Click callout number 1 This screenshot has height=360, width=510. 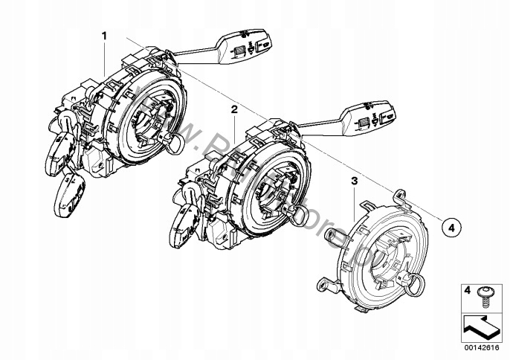click(104, 35)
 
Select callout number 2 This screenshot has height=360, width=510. click(233, 109)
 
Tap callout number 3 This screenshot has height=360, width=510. click(355, 181)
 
